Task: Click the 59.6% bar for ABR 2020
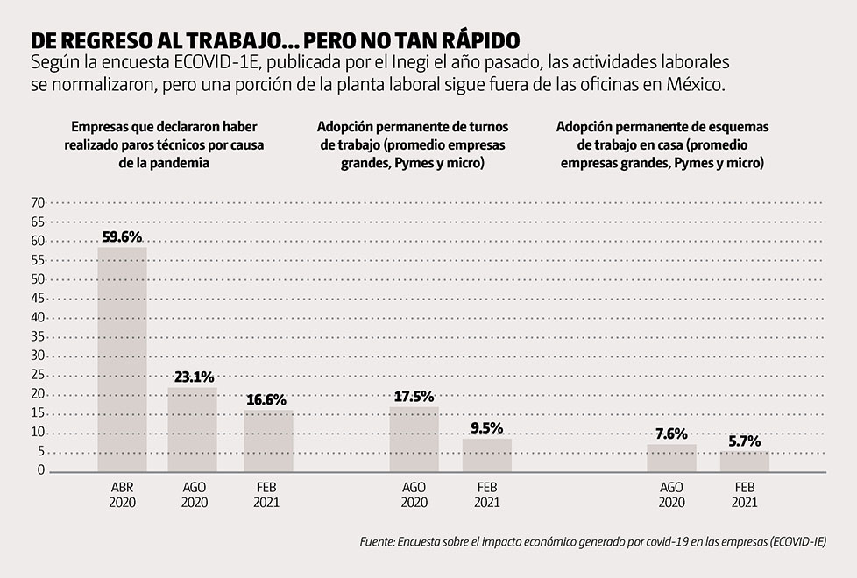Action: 122,359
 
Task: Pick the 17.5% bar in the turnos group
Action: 414,439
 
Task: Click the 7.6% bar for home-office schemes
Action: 671,457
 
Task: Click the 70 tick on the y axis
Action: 38,202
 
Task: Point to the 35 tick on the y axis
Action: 38,336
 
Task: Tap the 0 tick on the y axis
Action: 40,470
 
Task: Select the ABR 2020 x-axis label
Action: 122,496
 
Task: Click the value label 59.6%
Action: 122,237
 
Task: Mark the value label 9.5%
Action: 487,428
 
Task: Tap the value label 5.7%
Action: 745,441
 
